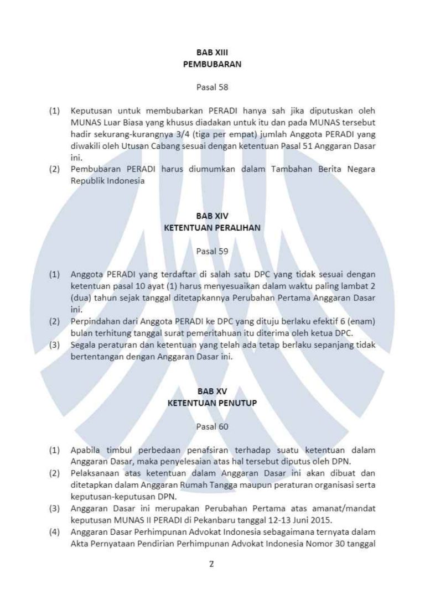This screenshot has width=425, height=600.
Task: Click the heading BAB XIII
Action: tap(212, 53)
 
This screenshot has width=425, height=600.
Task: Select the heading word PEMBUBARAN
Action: tap(212, 64)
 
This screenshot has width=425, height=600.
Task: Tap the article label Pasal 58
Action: tap(212, 87)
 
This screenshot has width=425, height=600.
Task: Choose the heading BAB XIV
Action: tap(212, 216)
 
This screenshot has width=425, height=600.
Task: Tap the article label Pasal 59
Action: tap(212, 251)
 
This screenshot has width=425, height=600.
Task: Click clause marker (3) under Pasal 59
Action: tap(54, 345)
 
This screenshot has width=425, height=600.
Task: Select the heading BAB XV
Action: tap(212, 392)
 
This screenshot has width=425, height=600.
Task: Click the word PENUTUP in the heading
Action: tap(239, 403)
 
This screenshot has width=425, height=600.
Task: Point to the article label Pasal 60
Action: tap(212, 426)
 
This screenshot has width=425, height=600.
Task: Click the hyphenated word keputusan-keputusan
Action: tap(113, 497)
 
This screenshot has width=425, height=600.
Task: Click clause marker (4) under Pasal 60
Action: tap(54, 532)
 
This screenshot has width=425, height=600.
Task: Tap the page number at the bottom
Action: tap(211, 565)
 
